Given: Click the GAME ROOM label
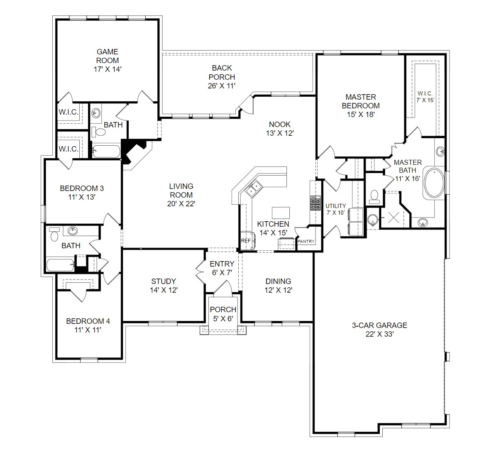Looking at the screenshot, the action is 108,56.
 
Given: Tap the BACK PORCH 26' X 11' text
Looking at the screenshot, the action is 222,77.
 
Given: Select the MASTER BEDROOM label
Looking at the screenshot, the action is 360,101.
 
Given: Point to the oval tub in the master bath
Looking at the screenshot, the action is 434,183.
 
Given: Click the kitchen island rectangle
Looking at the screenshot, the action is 281,213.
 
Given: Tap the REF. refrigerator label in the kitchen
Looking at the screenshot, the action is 246,241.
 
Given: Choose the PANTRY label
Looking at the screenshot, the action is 306,241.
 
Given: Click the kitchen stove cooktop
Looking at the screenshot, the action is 316,203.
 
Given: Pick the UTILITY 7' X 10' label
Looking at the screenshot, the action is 335,209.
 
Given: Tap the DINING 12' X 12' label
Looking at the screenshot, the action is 278,286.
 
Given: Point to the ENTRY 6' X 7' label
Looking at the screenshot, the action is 222,268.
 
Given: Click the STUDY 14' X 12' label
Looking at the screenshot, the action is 164,286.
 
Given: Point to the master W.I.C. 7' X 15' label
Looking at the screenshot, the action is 425,97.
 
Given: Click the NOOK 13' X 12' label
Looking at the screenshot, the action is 280,129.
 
